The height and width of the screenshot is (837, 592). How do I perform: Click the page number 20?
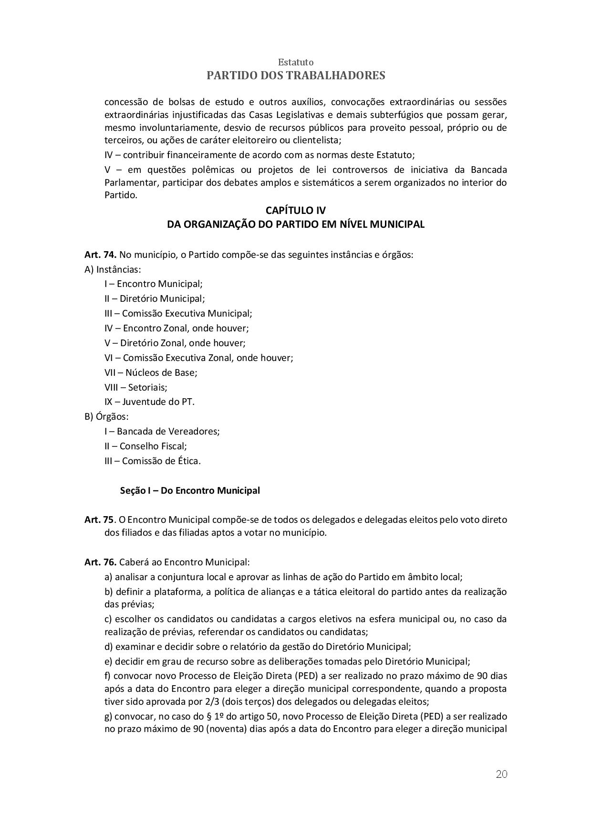tap(501, 774)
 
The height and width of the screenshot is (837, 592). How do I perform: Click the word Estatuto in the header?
tap(296, 63)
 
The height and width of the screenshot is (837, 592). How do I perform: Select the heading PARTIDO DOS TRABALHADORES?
tap(296, 75)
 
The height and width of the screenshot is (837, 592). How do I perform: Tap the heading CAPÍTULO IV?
tap(296, 211)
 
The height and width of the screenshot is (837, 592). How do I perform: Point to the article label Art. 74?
tap(101, 254)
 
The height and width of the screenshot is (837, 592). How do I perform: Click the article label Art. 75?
tap(99, 519)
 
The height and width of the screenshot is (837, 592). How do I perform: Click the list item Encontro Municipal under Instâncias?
tap(154, 284)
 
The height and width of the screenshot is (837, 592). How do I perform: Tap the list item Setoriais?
tap(136, 387)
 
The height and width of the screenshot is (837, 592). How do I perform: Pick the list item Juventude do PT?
tap(149, 402)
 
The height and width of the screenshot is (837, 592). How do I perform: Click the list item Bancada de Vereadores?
tap(162, 431)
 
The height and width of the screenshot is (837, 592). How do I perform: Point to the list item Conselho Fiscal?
tap(145, 446)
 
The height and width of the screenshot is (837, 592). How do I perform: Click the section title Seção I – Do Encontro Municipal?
tap(190, 490)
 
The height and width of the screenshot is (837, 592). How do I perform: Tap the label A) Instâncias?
tap(113, 269)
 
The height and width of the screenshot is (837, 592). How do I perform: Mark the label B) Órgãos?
tap(106, 416)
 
